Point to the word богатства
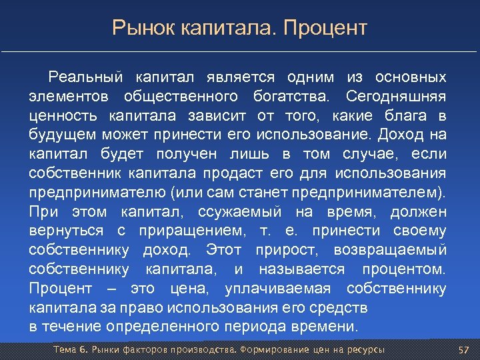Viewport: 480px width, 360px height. (x=291, y=97)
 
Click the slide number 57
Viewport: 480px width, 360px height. (x=465, y=350)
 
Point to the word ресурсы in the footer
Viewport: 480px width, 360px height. (x=365, y=350)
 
